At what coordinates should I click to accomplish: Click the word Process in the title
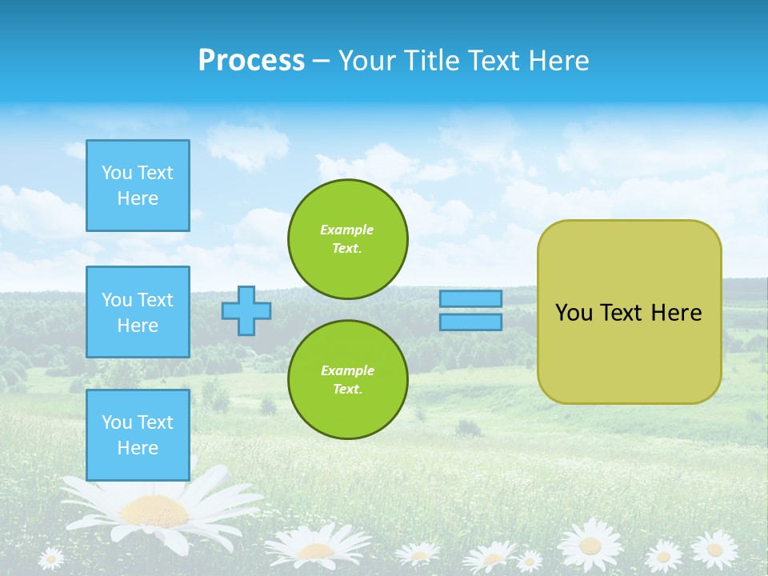click(251, 61)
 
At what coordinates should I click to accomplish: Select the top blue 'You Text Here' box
click(138, 186)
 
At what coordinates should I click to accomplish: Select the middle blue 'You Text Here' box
click(138, 312)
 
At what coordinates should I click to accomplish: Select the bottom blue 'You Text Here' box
click(138, 434)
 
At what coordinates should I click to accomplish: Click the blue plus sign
click(246, 310)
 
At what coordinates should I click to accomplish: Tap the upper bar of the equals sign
click(471, 298)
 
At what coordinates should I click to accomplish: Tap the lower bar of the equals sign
click(471, 322)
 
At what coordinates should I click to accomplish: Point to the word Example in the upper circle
click(346, 230)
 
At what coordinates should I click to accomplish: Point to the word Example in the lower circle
click(346, 370)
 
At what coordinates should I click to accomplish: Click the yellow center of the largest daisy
click(156, 509)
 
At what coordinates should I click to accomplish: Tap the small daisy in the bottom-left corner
click(51, 558)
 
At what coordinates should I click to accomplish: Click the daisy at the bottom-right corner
click(714, 550)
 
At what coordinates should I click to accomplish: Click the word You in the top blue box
click(116, 173)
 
